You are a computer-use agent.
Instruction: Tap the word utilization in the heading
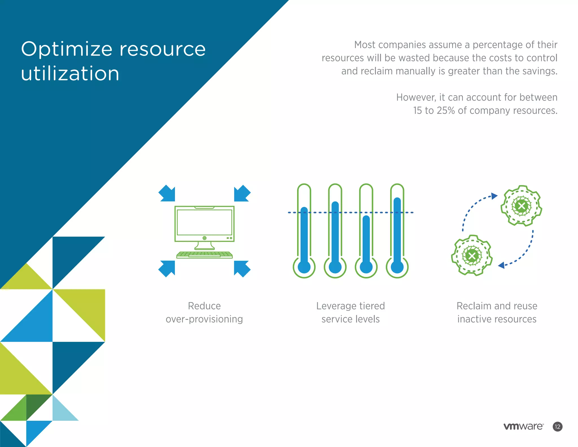[70, 73]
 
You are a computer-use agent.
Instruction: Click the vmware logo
[523, 426]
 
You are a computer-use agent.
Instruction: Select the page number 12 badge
[557, 426]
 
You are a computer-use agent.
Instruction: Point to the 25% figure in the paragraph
[446, 110]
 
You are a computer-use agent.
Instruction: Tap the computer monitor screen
[204, 222]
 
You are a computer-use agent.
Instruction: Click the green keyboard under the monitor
[204, 255]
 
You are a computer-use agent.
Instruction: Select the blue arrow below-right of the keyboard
[242, 268]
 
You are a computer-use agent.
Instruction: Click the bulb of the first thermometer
[304, 267]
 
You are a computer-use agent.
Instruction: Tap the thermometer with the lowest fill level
[366, 243]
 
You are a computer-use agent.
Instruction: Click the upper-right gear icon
[521, 206]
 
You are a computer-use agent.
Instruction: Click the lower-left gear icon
[472, 255]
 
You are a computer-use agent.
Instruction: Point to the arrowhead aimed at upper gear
[494, 196]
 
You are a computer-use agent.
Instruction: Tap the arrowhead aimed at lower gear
[502, 265]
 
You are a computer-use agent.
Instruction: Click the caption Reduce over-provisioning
[204, 313]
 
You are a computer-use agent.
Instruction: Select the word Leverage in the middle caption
[336, 306]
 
